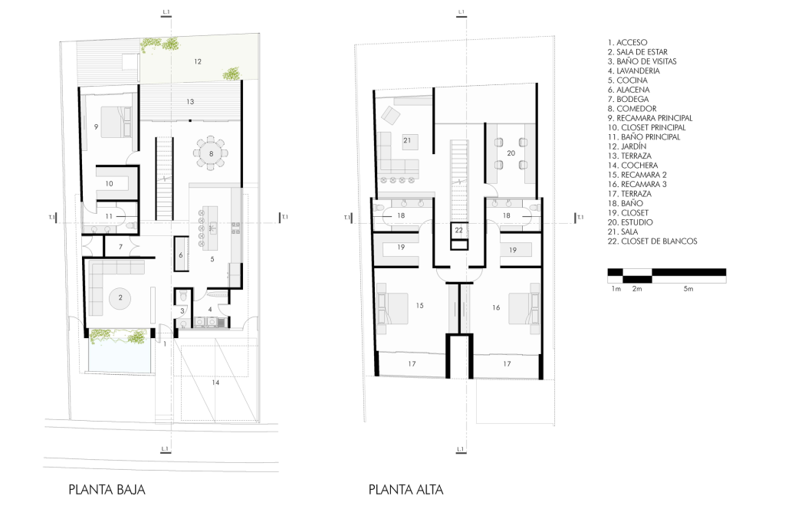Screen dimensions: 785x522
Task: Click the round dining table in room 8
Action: (x=211, y=153)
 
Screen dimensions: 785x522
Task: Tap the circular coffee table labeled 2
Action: (x=120, y=297)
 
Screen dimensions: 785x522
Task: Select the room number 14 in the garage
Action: (x=215, y=382)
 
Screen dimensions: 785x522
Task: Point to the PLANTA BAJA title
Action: (x=107, y=489)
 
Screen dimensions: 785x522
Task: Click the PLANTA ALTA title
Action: (x=406, y=489)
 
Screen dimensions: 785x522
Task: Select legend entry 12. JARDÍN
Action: (x=627, y=146)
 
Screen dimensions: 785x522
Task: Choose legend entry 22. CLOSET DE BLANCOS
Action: (x=652, y=241)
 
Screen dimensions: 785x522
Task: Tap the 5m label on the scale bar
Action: (x=688, y=289)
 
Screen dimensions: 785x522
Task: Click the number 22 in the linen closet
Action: (x=458, y=230)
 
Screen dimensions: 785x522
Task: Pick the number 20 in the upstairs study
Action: (x=511, y=153)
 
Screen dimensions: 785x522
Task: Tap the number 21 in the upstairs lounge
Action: (x=407, y=140)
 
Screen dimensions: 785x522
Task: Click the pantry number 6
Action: (x=181, y=255)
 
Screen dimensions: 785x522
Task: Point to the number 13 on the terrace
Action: (x=190, y=102)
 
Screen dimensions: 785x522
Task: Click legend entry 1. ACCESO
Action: (x=627, y=42)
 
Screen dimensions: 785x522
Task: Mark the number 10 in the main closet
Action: (x=109, y=184)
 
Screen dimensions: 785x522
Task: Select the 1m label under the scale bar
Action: (x=616, y=289)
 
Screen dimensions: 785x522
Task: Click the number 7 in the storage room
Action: (x=120, y=247)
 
